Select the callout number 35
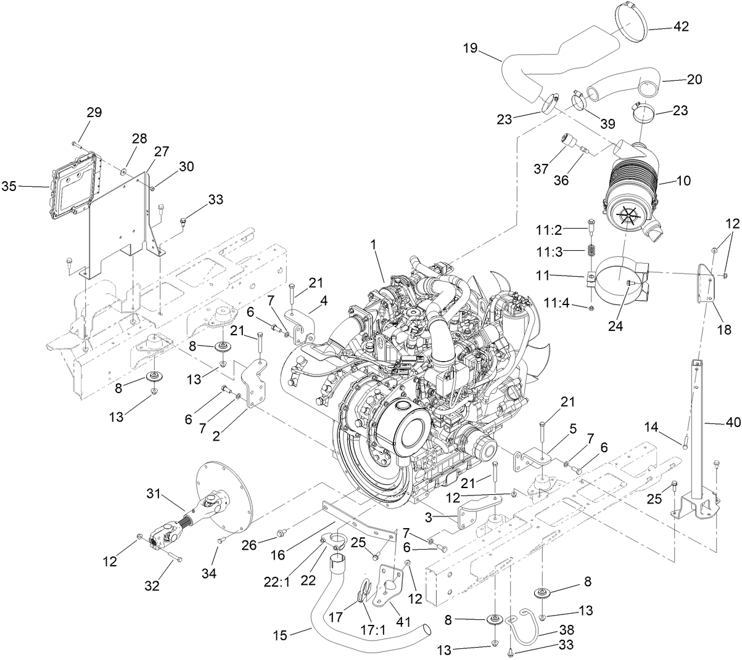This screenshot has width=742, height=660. click(x=10, y=185)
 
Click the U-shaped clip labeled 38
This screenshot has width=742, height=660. click(x=521, y=622)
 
